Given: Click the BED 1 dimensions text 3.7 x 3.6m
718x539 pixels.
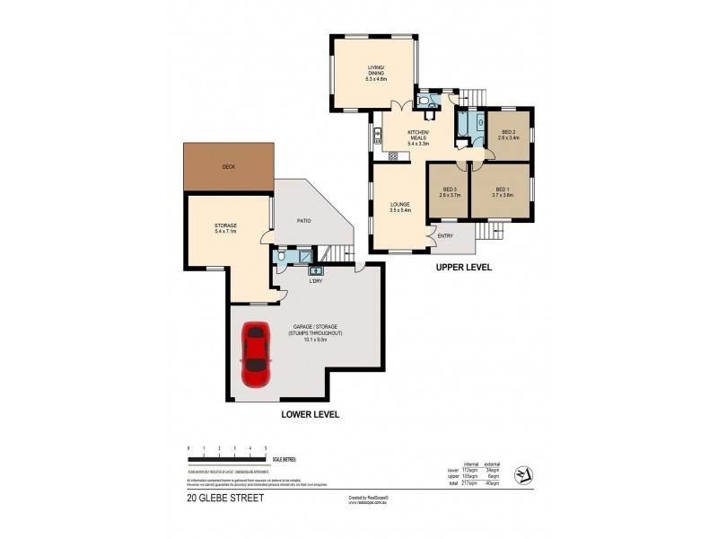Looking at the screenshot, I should click(x=503, y=195).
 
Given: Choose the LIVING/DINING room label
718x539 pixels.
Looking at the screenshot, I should click(x=375, y=71).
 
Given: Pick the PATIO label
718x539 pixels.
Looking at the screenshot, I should click(x=304, y=219).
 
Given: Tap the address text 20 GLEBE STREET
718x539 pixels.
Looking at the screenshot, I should click(x=225, y=498).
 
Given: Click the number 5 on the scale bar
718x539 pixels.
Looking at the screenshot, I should click(x=266, y=446).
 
